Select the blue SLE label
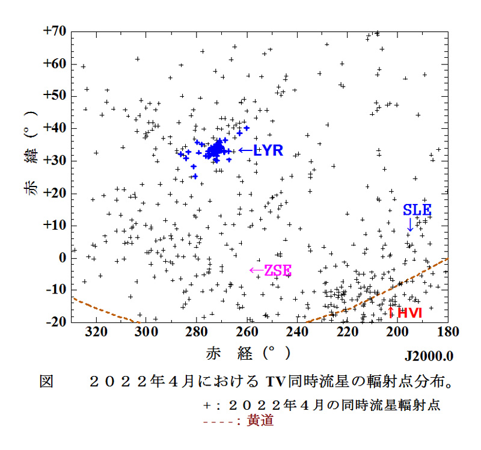[x=417, y=210]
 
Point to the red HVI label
[x=409, y=312]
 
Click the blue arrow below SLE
[x=410, y=224]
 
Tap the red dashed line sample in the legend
[x=221, y=421]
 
